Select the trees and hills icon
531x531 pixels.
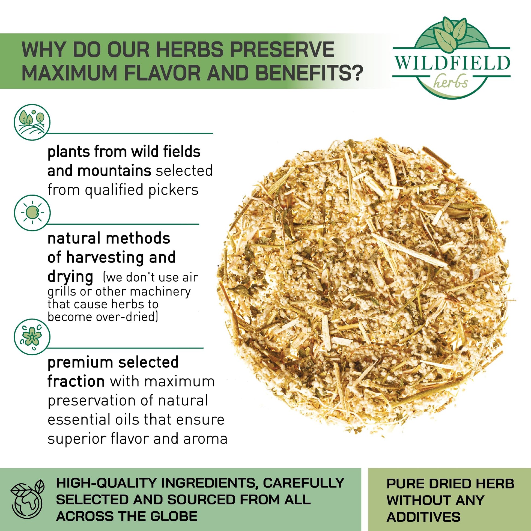[32, 122]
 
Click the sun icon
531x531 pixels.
[32, 213]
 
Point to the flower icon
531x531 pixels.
[32, 337]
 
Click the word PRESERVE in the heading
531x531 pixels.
[282, 50]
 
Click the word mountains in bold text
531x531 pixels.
[114, 171]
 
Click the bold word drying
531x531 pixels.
[70, 277]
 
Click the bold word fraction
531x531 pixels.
[76, 381]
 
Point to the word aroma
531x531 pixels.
[205, 439]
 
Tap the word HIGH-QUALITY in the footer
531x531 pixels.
[107, 483]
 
